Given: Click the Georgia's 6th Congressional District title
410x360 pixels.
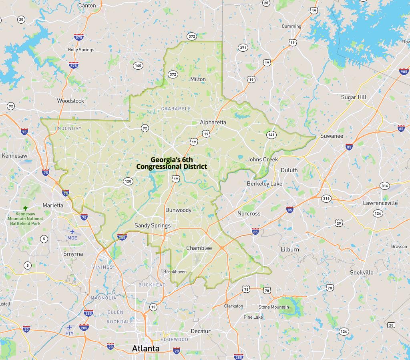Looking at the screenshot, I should tap(171, 163).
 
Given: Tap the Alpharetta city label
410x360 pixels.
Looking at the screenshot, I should tap(213, 123).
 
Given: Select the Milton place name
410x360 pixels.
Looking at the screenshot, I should tap(198, 79).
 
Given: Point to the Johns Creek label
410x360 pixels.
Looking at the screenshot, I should tap(262, 159).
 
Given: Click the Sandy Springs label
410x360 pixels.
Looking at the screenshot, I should tap(153, 225).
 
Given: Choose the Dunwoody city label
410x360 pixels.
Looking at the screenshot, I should tap(178, 210).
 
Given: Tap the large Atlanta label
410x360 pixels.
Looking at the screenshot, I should tap(146, 348).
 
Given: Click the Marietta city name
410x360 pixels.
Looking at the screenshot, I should tap(53, 205).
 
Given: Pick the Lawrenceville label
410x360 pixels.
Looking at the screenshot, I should tap(380, 203).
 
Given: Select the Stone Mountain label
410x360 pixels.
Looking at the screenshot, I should tap(273, 307).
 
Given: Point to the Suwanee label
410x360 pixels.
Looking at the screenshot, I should tap(332, 136).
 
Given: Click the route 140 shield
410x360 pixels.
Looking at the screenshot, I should tap(138, 66).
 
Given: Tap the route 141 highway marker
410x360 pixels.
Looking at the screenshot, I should tap(271, 135).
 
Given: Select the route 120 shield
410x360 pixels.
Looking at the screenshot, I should tap(128, 181).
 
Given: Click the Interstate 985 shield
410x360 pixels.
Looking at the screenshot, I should tap(404, 72).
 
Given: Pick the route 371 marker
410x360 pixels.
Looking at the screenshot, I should tap(243, 48).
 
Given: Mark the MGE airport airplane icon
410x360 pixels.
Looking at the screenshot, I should tap(72, 231).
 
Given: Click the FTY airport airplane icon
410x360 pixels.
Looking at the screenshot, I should tap(70, 328).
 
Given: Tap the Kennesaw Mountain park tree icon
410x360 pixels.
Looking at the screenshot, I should tap(25, 208).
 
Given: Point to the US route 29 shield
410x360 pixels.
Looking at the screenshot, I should tap(339, 223).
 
